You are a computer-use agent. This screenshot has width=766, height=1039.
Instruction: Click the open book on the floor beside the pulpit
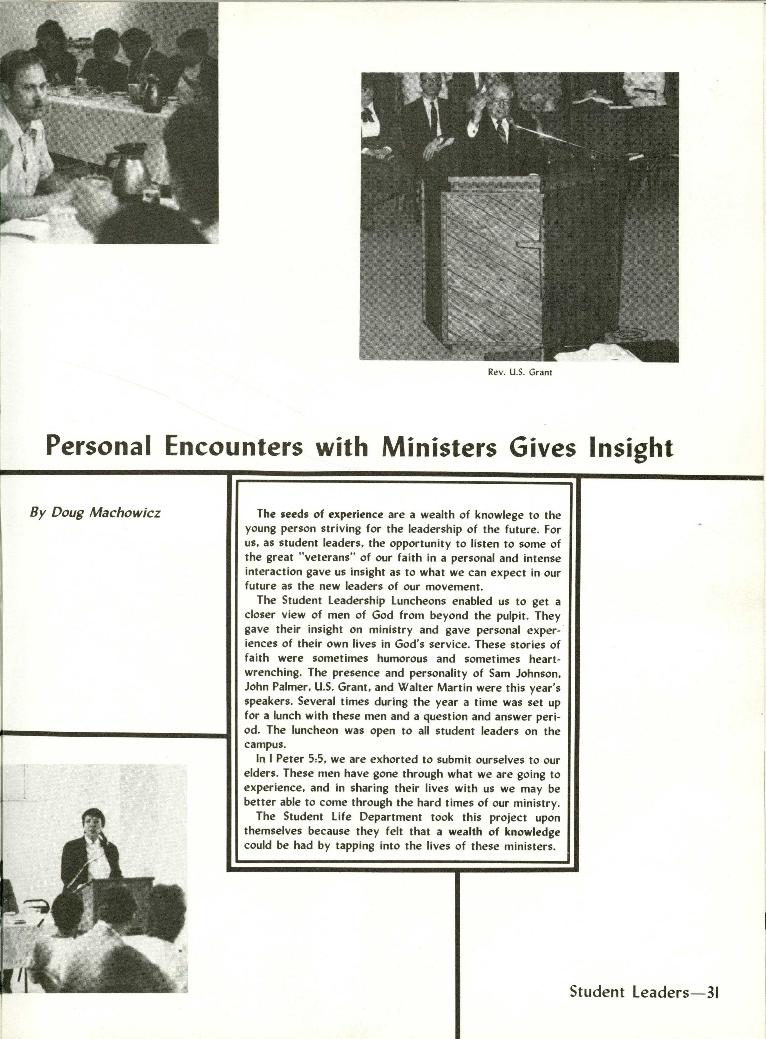(598, 354)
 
